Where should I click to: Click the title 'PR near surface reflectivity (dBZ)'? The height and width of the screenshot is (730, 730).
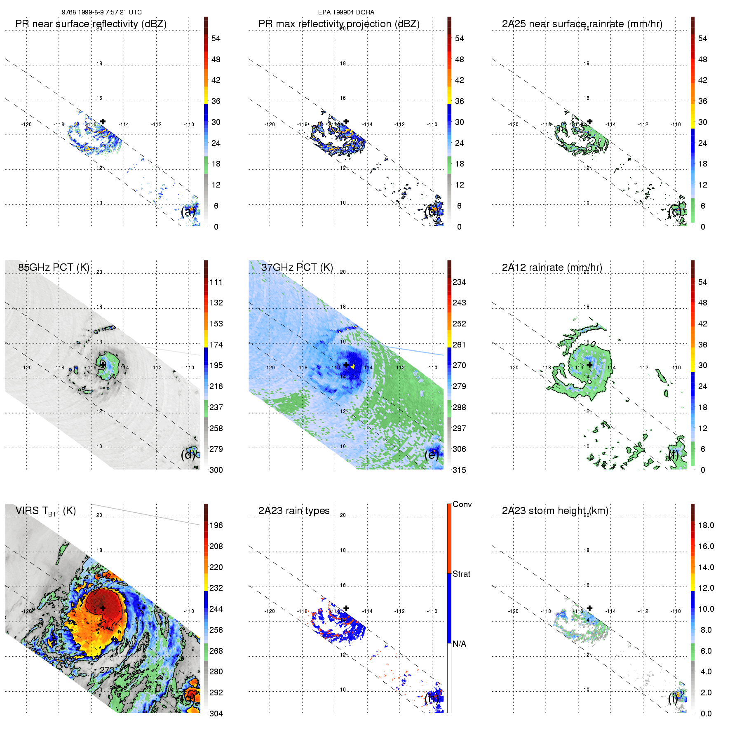coord(91,24)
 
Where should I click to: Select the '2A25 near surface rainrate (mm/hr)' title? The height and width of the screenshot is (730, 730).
coord(582,24)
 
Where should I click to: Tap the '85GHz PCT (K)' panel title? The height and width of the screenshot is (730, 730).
coord(54,268)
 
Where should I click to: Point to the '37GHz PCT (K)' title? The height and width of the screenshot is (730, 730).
coord(297,268)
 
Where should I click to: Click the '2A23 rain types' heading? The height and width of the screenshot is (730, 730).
coord(294,511)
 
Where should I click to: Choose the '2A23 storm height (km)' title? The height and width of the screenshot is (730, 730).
coord(555,511)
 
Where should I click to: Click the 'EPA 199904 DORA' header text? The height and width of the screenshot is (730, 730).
coord(346,12)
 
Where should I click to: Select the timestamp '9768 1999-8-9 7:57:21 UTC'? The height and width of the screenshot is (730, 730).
coord(102,12)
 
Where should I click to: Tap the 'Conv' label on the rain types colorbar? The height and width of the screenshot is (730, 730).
coord(462,504)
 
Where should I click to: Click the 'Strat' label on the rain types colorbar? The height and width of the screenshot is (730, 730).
coord(461,574)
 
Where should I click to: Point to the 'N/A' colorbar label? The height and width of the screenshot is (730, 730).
coord(459,644)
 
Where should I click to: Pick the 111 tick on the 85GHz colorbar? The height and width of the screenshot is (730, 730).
coord(216,282)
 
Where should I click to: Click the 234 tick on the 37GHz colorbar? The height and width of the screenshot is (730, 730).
coord(459,282)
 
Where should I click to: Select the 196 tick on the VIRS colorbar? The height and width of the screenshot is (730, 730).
coord(216,525)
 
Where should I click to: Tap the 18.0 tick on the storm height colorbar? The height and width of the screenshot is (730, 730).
coord(706,525)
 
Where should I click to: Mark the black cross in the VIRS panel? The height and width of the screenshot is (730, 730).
coord(103,608)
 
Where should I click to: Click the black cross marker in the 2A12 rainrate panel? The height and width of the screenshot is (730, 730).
coord(589,365)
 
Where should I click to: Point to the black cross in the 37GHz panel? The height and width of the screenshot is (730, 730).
coord(346,365)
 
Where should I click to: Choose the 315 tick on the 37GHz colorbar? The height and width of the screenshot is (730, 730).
coord(459,470)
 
